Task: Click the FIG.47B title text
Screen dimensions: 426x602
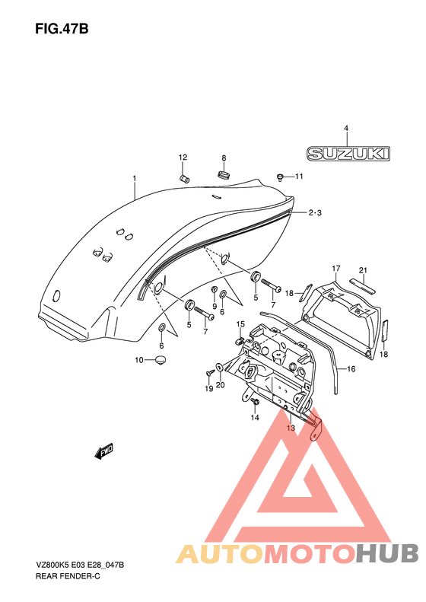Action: point(62,29)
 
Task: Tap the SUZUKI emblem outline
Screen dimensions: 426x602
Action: point(348,153)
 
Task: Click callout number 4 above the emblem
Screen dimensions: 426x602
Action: point(346,128)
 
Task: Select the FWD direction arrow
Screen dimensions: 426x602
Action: point(103,451)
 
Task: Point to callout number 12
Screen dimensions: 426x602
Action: point(183,157)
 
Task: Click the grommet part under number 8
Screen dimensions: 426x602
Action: point(224,174)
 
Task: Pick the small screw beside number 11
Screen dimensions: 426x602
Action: point(280,177)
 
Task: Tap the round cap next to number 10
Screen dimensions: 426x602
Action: point(161,360)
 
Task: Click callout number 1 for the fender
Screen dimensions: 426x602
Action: point(135,178)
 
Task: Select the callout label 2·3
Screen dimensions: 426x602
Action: point(315,212)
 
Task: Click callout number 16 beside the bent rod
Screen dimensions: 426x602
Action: point(351,369)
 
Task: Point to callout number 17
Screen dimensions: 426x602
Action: point(336,268)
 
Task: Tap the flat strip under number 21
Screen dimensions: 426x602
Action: point(363,285)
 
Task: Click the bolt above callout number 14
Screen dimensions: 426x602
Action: point(255,402)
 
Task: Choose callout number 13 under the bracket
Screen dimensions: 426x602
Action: point(291,428)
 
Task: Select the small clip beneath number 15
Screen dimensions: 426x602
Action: point(240,340)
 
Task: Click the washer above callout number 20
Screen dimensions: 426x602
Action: point(219,367)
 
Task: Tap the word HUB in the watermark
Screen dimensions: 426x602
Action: point(387,553)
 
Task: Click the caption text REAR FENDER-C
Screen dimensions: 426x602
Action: point(68,576)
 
